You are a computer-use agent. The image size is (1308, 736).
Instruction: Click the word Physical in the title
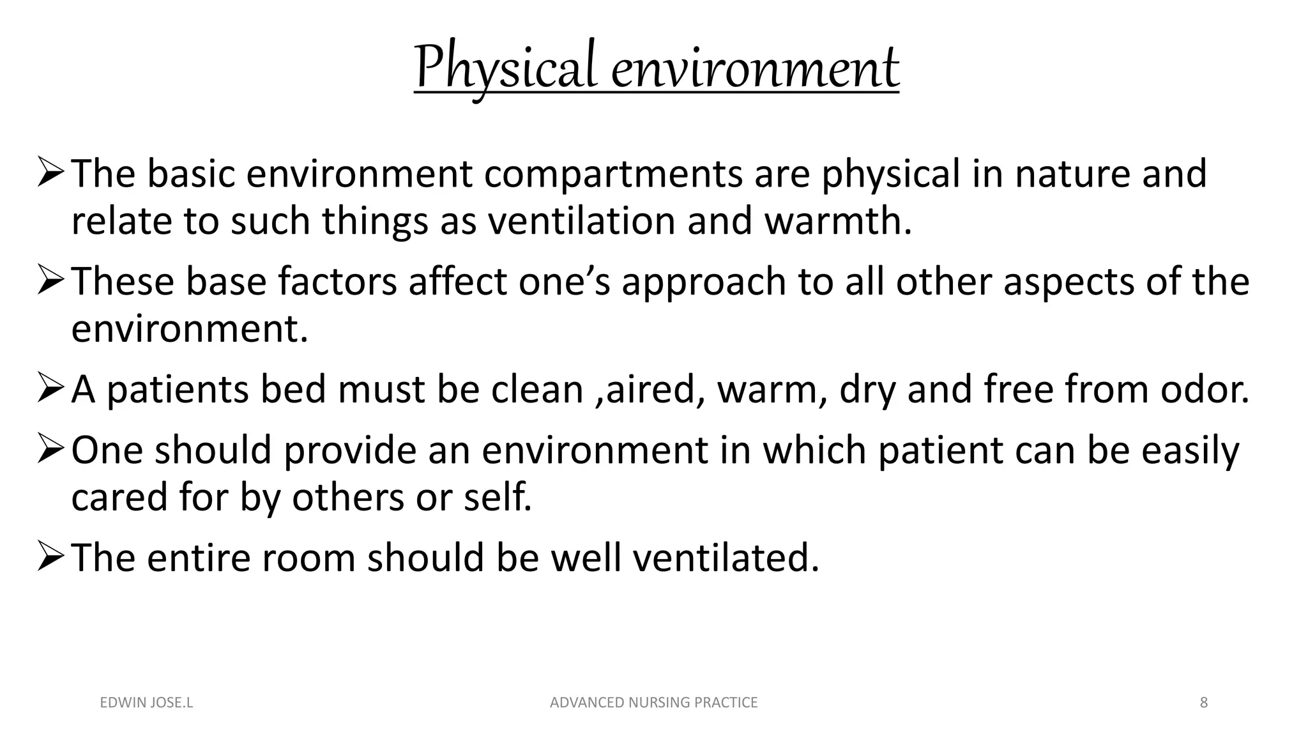(x=505, y=68)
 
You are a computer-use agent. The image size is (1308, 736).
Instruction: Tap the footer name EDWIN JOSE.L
(x=146, y=703)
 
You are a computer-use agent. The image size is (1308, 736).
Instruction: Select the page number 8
(x=1204, y=703)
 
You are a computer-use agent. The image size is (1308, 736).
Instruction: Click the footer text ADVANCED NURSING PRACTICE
(x=653, y=703)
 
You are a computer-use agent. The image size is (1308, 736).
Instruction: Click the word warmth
(x=837, y=221)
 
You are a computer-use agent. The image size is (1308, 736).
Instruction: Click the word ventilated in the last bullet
(x=726, y=557)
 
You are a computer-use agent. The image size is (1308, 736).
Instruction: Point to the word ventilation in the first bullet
(x=581, y=221)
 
